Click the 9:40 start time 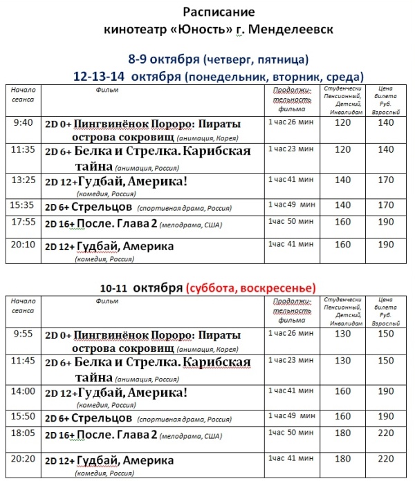(23, 123)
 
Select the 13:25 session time (23, 180)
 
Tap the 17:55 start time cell (23, 222)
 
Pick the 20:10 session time (23, 244)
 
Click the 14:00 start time (23, 391)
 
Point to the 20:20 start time (23, 457)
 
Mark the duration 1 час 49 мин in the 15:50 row (291, 417)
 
